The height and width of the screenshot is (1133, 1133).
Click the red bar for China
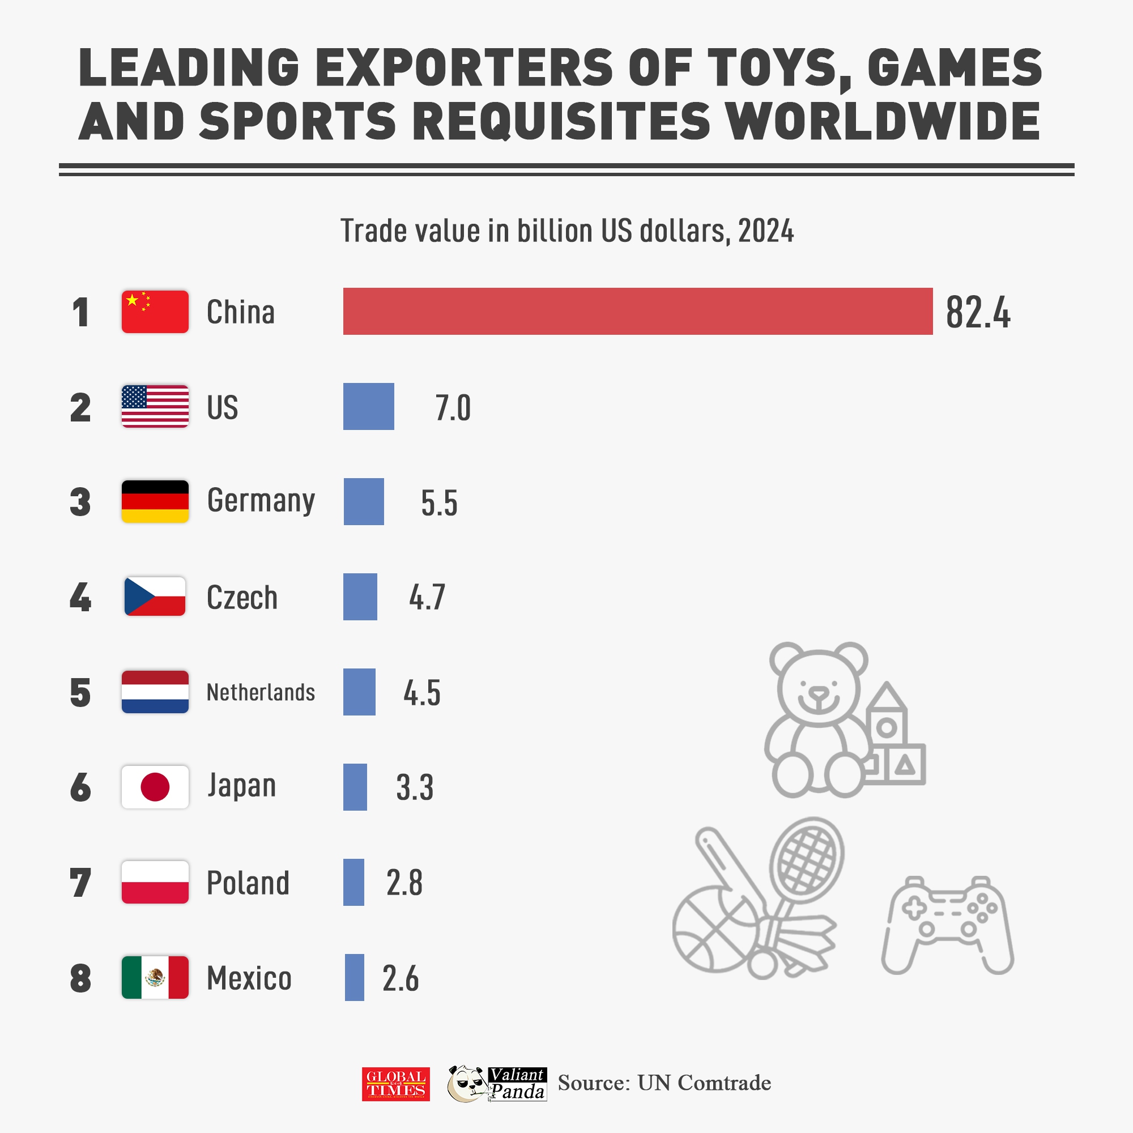point(637,312)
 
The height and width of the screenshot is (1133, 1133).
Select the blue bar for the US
point(368,406)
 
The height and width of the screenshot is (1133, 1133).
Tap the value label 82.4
point(978,313)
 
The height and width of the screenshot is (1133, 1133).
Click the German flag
point(155,501)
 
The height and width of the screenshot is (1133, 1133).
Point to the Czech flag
point(155,597)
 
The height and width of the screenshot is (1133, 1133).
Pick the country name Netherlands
point(261,692)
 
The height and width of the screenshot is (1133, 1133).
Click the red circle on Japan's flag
point(155,787)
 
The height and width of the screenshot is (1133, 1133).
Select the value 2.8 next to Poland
point(404,883)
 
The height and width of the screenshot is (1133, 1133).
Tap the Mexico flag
point(155,978)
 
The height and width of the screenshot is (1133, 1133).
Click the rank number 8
point(80,979)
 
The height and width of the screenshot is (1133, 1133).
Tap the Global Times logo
point(395,1084)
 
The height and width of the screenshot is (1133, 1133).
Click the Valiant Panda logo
point(497,1084)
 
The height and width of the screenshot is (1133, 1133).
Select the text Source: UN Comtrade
point(664,1083)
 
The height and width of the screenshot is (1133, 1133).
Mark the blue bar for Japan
point(355,787)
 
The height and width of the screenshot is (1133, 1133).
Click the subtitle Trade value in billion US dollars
point(566,231)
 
